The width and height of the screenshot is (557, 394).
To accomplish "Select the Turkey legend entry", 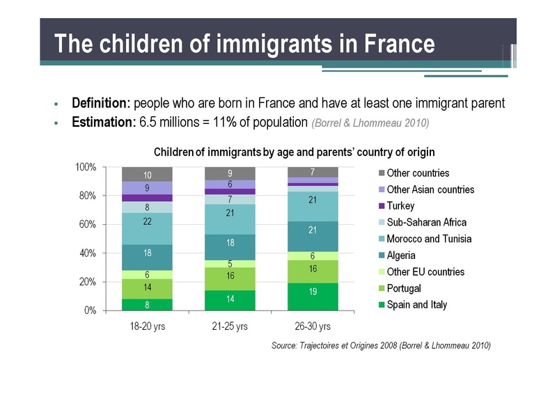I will (400, 206).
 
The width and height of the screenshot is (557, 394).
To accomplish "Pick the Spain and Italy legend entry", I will (416, 305).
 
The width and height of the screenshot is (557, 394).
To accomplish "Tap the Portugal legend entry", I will (404, 288).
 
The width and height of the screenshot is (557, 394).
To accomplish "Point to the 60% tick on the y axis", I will (88, 225).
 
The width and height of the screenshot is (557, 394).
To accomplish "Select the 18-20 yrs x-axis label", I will (147, 326).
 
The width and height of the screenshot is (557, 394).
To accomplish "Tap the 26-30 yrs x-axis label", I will (313, 326).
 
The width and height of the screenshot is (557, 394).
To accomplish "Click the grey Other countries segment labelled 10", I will (147, 174).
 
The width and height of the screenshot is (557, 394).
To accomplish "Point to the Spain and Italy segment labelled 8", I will (147, 304).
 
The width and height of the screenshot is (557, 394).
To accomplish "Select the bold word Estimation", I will (104, 123).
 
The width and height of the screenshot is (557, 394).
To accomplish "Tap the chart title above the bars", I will (295, 152).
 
